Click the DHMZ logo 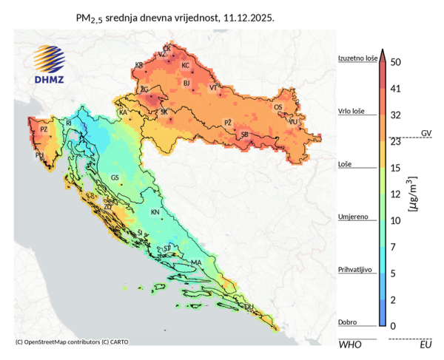[49, 64]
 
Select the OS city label [278, 108]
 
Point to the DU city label [249, 306]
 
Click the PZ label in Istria [44, 129]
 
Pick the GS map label [115, 178]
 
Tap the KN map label [155, 212]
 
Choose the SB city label [245, 135]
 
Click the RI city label [69, 123]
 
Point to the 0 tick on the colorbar [393, 326]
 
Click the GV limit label [426, 133]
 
